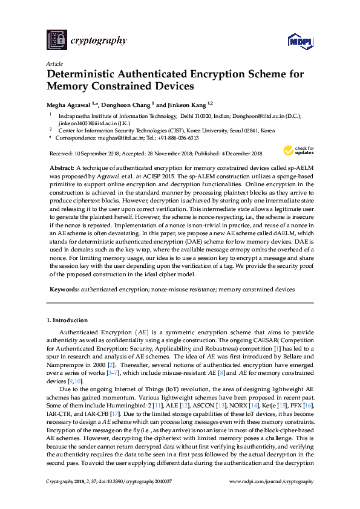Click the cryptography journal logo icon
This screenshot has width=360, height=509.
point(56,41)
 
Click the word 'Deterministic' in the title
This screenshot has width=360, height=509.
point(78,75)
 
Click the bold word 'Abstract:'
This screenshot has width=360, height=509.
point(62,166)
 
